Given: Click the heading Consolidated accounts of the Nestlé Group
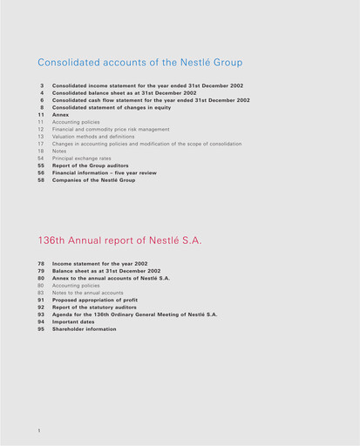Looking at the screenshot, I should [x=140, y=63].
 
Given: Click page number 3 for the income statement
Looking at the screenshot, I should [x=42, y=86].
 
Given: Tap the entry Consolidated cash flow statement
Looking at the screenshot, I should [x=150, y=100].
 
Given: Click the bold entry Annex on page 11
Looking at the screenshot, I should [x=60, y=115].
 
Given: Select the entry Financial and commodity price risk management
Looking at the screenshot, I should [x=111, y=129].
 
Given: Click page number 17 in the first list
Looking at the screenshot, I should [x=41, y=144].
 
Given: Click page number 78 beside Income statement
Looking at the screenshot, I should [x=41, y=263].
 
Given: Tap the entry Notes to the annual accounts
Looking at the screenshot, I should [x=87, y=293].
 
